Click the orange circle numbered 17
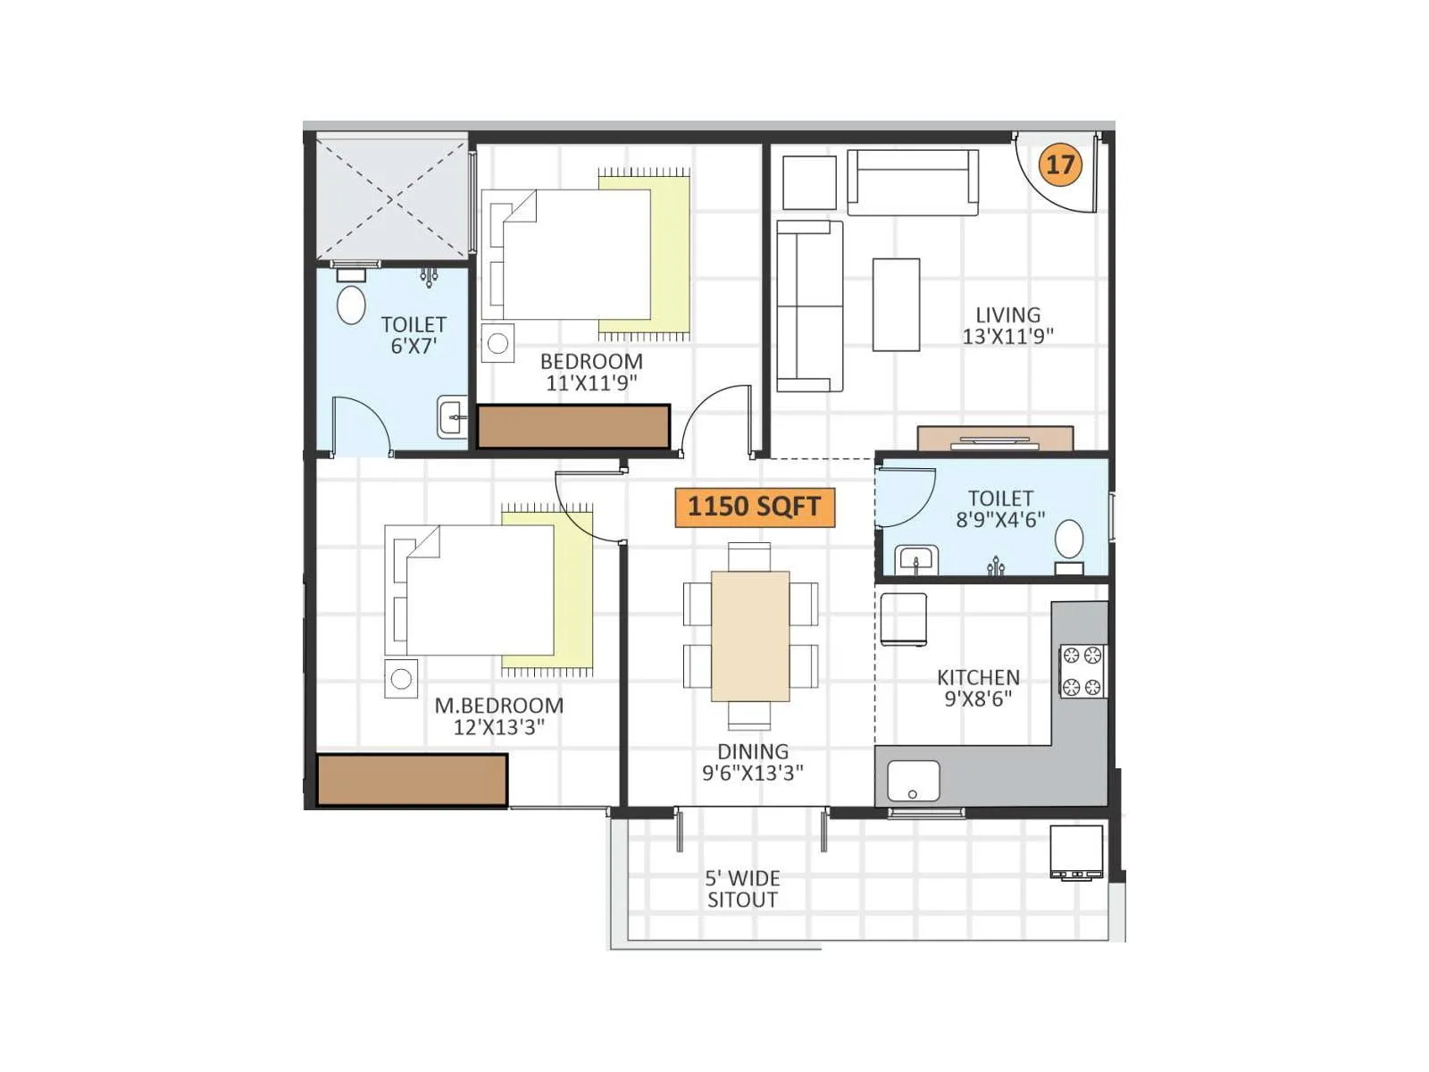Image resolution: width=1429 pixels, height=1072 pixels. (x=1060, y=164)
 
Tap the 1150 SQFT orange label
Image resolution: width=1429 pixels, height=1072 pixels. (x=754, y=507)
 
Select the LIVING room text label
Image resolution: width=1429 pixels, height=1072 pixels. (x=1007, y=325)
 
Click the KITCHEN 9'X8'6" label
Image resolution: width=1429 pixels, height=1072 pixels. (x=978, y=688)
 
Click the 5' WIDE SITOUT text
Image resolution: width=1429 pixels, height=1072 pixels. (x=742, y=889)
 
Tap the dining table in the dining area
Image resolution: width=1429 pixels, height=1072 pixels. (x=750, y=635)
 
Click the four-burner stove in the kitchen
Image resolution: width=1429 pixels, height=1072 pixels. (x=1082, y=671)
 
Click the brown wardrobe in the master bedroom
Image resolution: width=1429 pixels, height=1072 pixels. (x=412, y=780)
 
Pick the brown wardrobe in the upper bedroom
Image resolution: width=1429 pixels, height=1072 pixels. (x=573, y=426)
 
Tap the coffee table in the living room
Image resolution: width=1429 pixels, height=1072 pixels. (x=896, y=305)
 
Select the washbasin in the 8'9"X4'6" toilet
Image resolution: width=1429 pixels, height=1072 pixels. (x=916, y=561)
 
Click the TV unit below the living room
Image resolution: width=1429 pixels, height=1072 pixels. (x=995, y=439)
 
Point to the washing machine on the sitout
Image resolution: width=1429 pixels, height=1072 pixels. (x=1076, y=852)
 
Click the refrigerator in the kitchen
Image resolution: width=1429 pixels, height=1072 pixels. (x=903, y=618)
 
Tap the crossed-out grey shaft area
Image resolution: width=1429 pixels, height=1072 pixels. (x=392, y=197)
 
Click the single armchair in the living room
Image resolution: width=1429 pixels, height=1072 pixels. (x=809, y=182)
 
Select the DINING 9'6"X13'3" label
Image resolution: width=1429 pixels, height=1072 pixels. (x=752, y=762)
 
